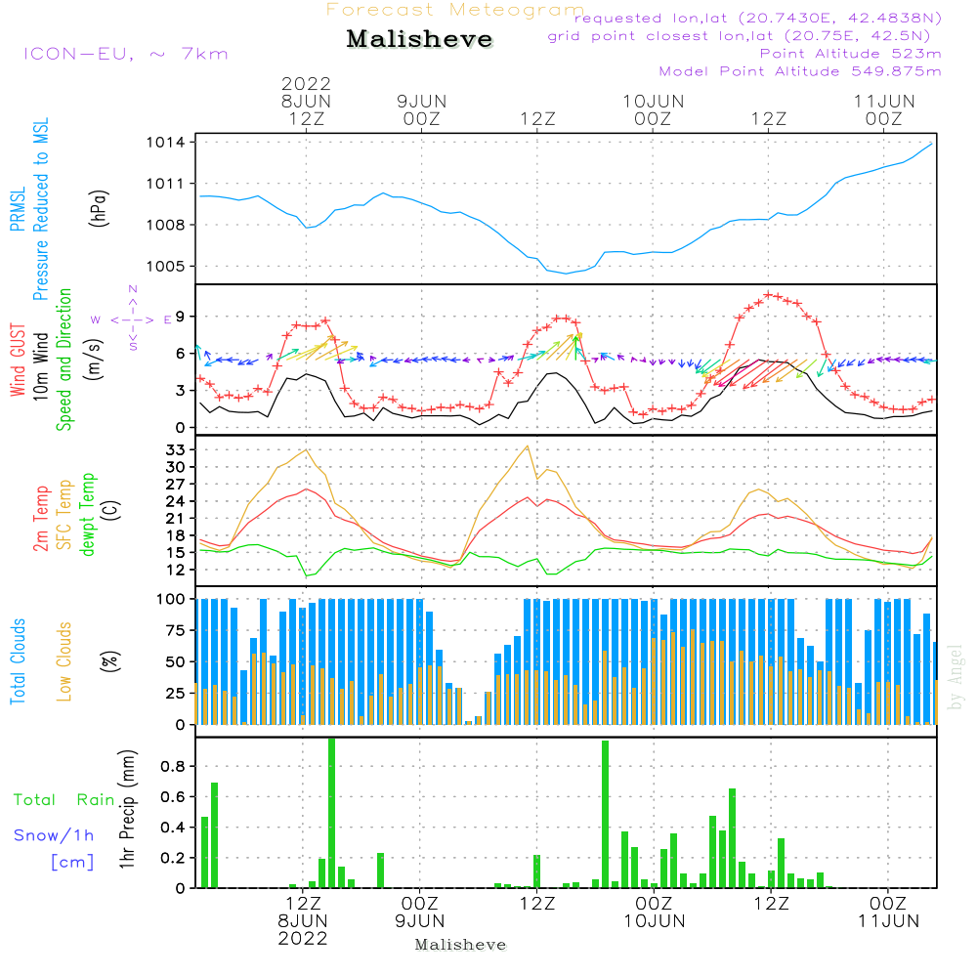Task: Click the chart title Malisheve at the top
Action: (420, 40)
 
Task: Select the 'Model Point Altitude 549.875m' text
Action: (800, 71)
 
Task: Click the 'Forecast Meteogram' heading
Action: (455, 11)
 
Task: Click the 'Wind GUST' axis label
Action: (18, 361)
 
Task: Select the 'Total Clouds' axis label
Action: (18, 661)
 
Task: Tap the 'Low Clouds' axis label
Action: (64, 661)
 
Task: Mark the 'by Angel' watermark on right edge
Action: (956, 678)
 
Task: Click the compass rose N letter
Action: (133, 290)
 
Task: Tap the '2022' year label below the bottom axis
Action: (303, 939)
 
